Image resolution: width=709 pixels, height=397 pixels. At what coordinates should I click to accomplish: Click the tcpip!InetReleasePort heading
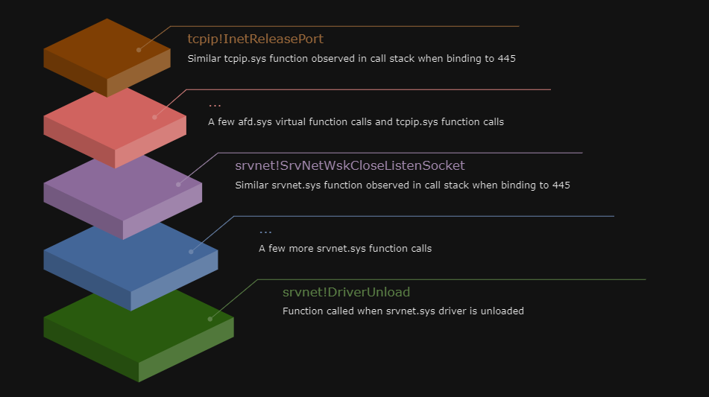click(x=255, y=39)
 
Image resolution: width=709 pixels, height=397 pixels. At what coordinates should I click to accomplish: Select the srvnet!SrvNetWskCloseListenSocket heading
click(x=350, y=165)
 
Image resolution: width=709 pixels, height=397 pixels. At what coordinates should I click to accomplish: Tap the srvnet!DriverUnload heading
click(x=346, y=292)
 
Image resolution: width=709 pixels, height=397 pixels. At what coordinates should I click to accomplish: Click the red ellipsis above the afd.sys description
click(x=215, y=105)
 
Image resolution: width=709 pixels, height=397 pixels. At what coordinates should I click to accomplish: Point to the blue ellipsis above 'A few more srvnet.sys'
click(x=265, y=232)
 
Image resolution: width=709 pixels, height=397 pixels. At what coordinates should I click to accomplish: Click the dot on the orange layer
click(x=139, y=50)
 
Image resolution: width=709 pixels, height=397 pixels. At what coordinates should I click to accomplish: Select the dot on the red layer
click(x=154, y=117)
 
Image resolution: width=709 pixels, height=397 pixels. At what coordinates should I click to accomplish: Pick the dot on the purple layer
click(x=178, y=184)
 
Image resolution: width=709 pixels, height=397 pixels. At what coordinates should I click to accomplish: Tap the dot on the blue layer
click(x=191, y=252)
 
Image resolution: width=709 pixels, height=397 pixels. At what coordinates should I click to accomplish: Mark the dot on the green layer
click(x=209, y=319)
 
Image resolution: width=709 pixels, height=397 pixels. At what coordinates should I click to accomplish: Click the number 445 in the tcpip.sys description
click(x=506, y=58)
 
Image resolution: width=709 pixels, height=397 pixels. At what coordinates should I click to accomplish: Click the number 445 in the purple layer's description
click(x=561, y=185)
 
